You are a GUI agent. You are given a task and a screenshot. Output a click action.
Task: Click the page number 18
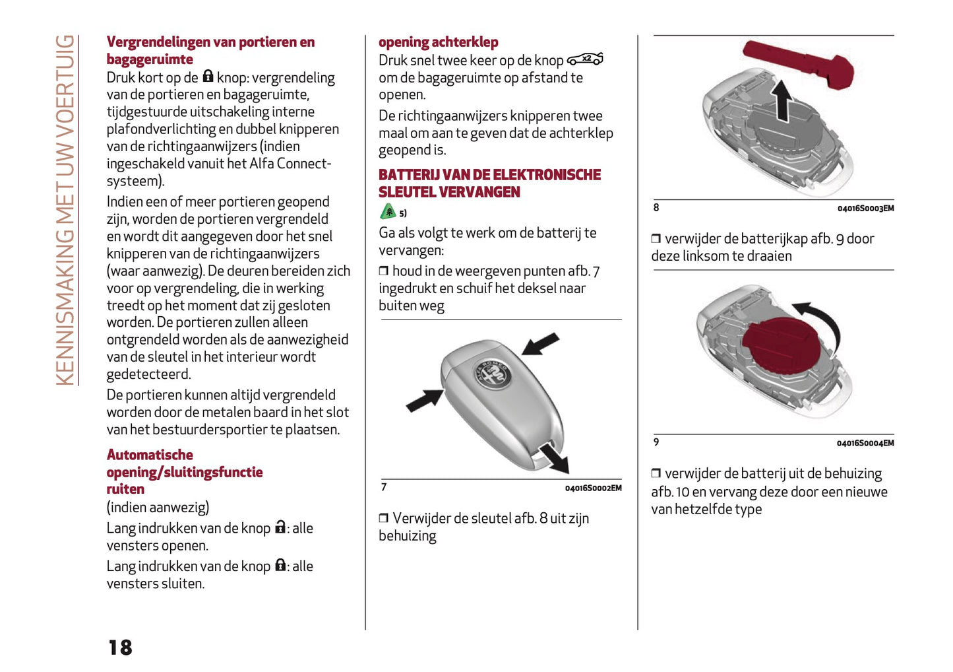tap(121, 647)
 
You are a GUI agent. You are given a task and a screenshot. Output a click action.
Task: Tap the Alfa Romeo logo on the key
tap(493, 376)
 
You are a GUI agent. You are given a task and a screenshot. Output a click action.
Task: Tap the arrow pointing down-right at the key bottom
tap(553, 457)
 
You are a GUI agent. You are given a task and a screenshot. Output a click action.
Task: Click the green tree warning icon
tap(388, 211)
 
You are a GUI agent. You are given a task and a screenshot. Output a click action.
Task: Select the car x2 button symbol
tap(585, 59)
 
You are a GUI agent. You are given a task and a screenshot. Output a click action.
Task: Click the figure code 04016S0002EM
tap(593, 488)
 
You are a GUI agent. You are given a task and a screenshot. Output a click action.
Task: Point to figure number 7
tap(384, 487)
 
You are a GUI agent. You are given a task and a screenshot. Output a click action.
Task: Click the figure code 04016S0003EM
tap(865, 209)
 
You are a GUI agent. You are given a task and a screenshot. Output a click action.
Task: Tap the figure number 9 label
tap(656, 442)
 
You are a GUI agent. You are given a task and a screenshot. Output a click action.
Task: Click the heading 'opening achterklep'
tap(438, 42)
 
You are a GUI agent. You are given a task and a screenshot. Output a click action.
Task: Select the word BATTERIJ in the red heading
tap(408, 175)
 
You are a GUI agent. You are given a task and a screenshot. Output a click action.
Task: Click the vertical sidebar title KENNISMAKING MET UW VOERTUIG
tap(65, 210)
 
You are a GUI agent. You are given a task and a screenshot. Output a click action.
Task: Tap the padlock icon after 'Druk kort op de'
tap(208, 77)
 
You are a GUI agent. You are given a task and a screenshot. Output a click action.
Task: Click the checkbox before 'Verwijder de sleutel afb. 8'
tap(383, 519)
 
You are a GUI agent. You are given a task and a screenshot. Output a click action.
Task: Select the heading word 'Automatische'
tap(150, 455)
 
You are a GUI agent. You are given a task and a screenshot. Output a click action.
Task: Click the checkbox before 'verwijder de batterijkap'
tap(656, 239)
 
